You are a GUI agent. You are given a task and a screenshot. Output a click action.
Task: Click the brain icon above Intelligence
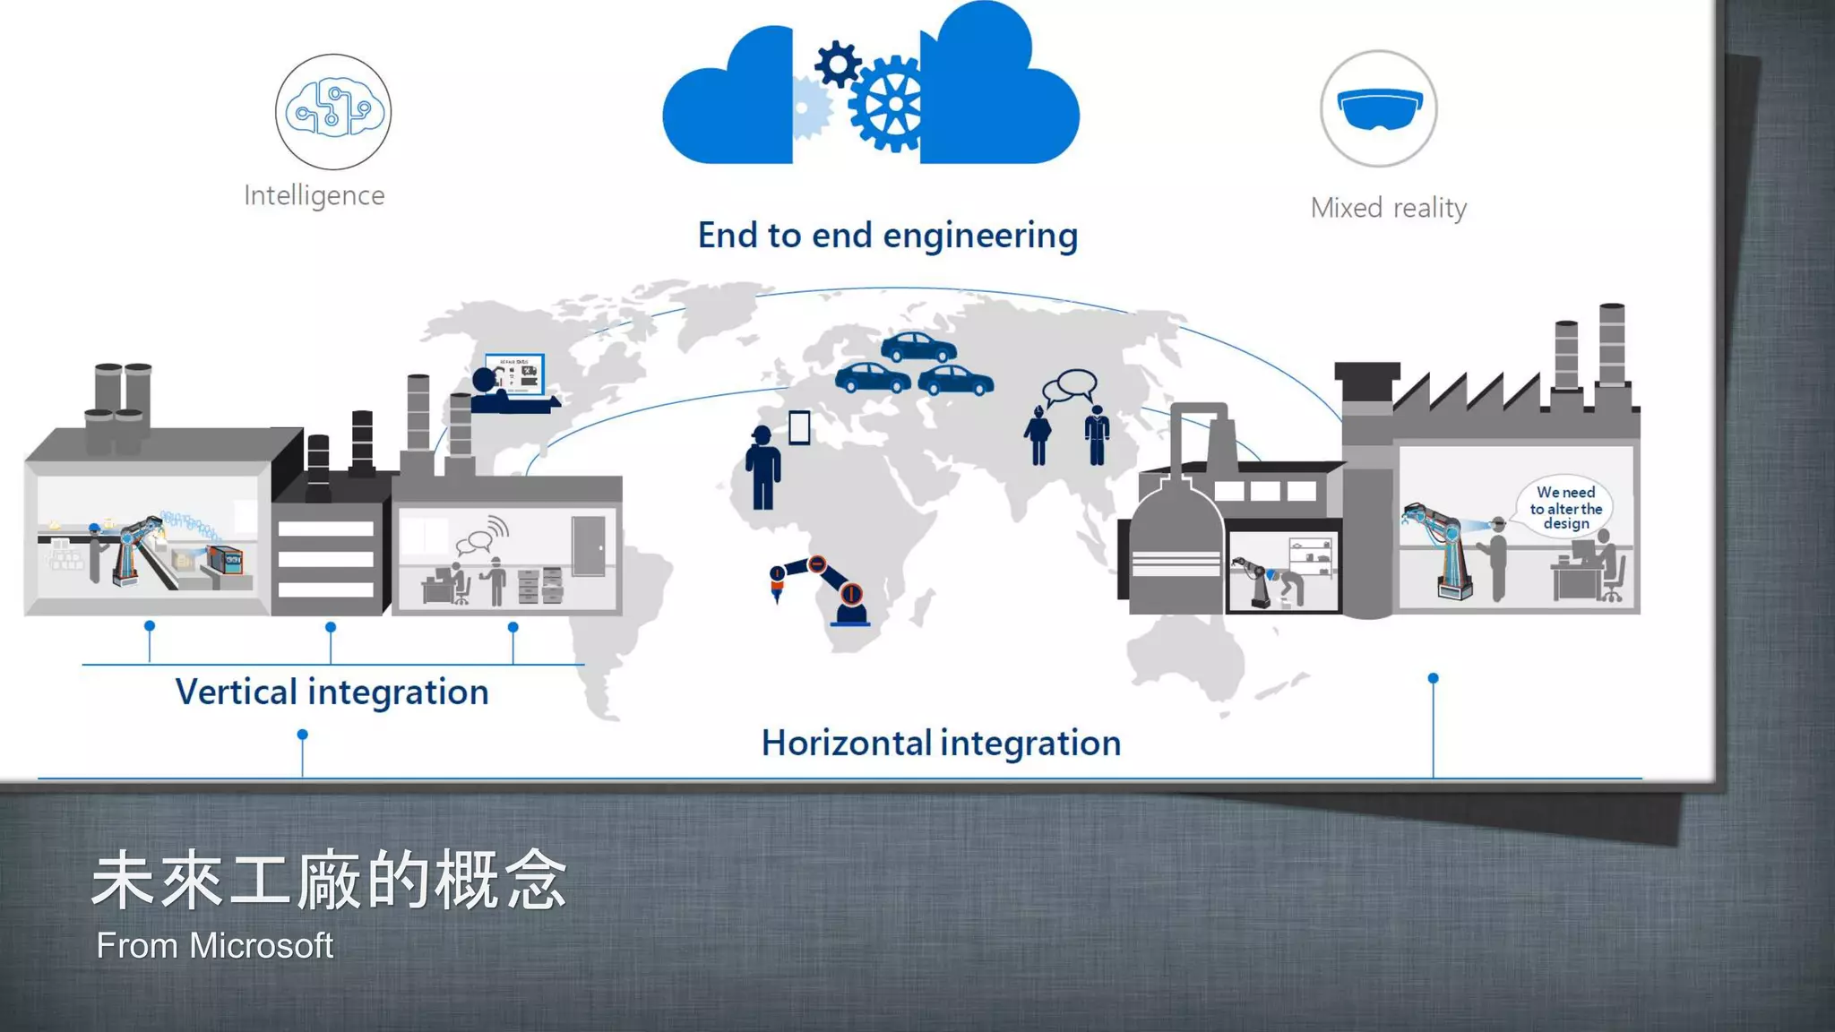pyautogui.click(x=332, y=111)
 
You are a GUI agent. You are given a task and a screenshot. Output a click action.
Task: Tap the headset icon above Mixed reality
pyautogui.click(x=1378, y=108)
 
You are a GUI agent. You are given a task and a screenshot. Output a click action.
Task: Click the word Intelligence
pyautogui.click(x=314, y=195)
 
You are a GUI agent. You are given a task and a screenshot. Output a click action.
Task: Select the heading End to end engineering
pyautogui.click(x=887, y=236)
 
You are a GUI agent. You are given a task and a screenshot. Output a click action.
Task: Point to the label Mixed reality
pyautogui.click(x=1388, y=208)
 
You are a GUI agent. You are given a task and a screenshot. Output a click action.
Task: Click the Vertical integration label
pyautogui.click(x=332, y=692)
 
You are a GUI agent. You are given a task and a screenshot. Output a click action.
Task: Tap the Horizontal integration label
pyautogui.click(x=941, y=744)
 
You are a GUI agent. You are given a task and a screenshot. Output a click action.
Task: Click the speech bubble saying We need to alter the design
pyautogui.click(x=1565, y=507)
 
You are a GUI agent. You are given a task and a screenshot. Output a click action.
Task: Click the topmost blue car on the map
pyautogui.click(x=917, y=347)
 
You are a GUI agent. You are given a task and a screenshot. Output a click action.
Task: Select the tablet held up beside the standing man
pyautogui.click(x=799, y=427)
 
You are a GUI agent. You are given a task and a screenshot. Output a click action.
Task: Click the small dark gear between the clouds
pyautogui.click(x=838, y=64)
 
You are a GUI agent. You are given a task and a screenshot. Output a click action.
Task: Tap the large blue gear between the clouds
pyautogui.click(x=889, y=104)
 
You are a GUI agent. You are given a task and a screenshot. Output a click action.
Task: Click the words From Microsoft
pyautogui.click(x=214, y=946)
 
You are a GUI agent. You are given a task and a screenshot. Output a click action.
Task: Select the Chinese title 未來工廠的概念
pyautogui.click(x=329, y=881)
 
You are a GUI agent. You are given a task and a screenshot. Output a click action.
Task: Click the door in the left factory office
pyautogui.click(x=589, y=546)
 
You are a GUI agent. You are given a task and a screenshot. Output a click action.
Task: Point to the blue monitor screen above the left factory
pyautogui.click(x=516, y=374)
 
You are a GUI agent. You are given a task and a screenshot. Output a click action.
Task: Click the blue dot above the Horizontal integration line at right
pyautogui.click(x=1433, y=678)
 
